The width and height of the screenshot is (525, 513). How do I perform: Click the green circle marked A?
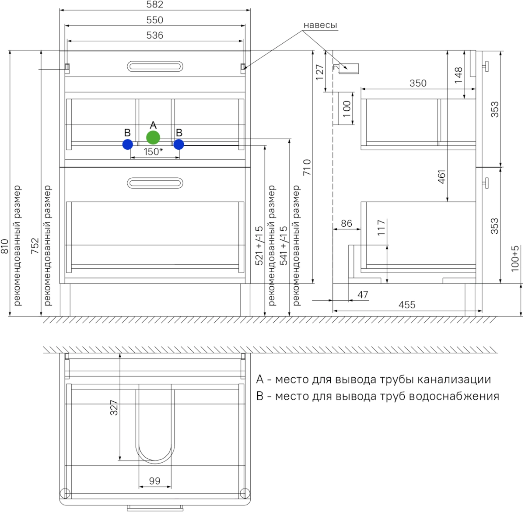coord(153,137)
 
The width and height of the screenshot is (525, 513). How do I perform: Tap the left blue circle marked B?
coord(128,144)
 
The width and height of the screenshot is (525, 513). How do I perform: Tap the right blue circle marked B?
coord(178,144)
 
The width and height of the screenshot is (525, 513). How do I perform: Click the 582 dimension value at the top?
coord(155,4)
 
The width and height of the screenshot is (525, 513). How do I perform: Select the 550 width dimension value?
coord(155,20)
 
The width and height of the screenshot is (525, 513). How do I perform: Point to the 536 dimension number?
coord(155,35)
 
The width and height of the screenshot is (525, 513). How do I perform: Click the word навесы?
coord(320,25)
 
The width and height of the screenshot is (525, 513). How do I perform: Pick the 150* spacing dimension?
coord(154,151)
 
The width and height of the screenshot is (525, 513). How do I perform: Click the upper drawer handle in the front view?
coord(155,67)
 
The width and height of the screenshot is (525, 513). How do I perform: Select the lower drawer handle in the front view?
coord(155,183)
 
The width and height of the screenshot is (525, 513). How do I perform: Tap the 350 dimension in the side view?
coord(418,83)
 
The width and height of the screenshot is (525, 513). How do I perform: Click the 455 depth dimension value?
coord(407,305)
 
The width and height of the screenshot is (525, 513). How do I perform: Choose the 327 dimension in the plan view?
coord(114,408)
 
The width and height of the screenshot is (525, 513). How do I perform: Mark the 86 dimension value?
coord(346,223)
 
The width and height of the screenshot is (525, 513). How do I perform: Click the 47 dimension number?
coord(363,295)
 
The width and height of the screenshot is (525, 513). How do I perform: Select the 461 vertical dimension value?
coord(441,177)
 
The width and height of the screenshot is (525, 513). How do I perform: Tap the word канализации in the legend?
coord(454,379)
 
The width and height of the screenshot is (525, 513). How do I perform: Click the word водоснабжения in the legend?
coord(454,397)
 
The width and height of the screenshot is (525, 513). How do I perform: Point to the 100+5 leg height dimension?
coord(515,259)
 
